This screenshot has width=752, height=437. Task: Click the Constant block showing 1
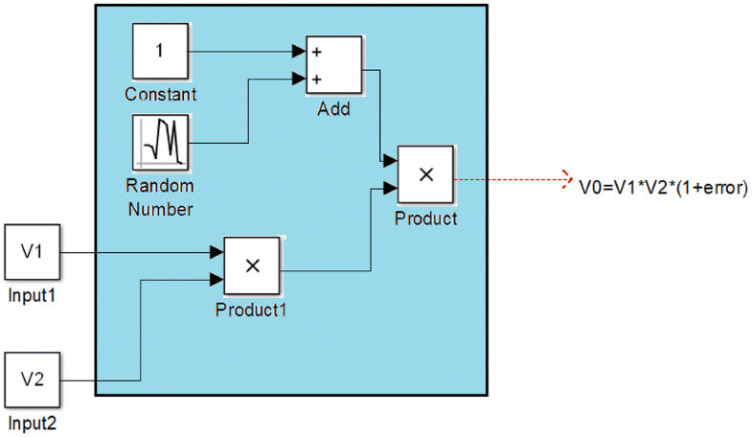(x=160, y=53)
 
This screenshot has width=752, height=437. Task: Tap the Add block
(x=334, y=65)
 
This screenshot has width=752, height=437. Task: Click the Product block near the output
(x=426, y=175)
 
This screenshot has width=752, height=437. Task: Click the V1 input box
(x=34, y=253)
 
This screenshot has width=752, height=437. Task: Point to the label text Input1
(x=32, y=295)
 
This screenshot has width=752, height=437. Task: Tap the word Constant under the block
(x=160, y=94)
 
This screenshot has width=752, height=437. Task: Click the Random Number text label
(x=160, y=196)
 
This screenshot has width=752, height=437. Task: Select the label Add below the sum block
(x=334, y=108)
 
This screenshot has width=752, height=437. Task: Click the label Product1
(x=251, y=310)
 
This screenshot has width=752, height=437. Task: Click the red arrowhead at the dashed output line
(x=565, y=177)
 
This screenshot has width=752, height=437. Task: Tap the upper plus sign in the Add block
(x=315, y=52)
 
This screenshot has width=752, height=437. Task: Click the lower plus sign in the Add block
(x=315, y=80)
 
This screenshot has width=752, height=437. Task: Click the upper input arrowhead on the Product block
(x=390, y=160)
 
